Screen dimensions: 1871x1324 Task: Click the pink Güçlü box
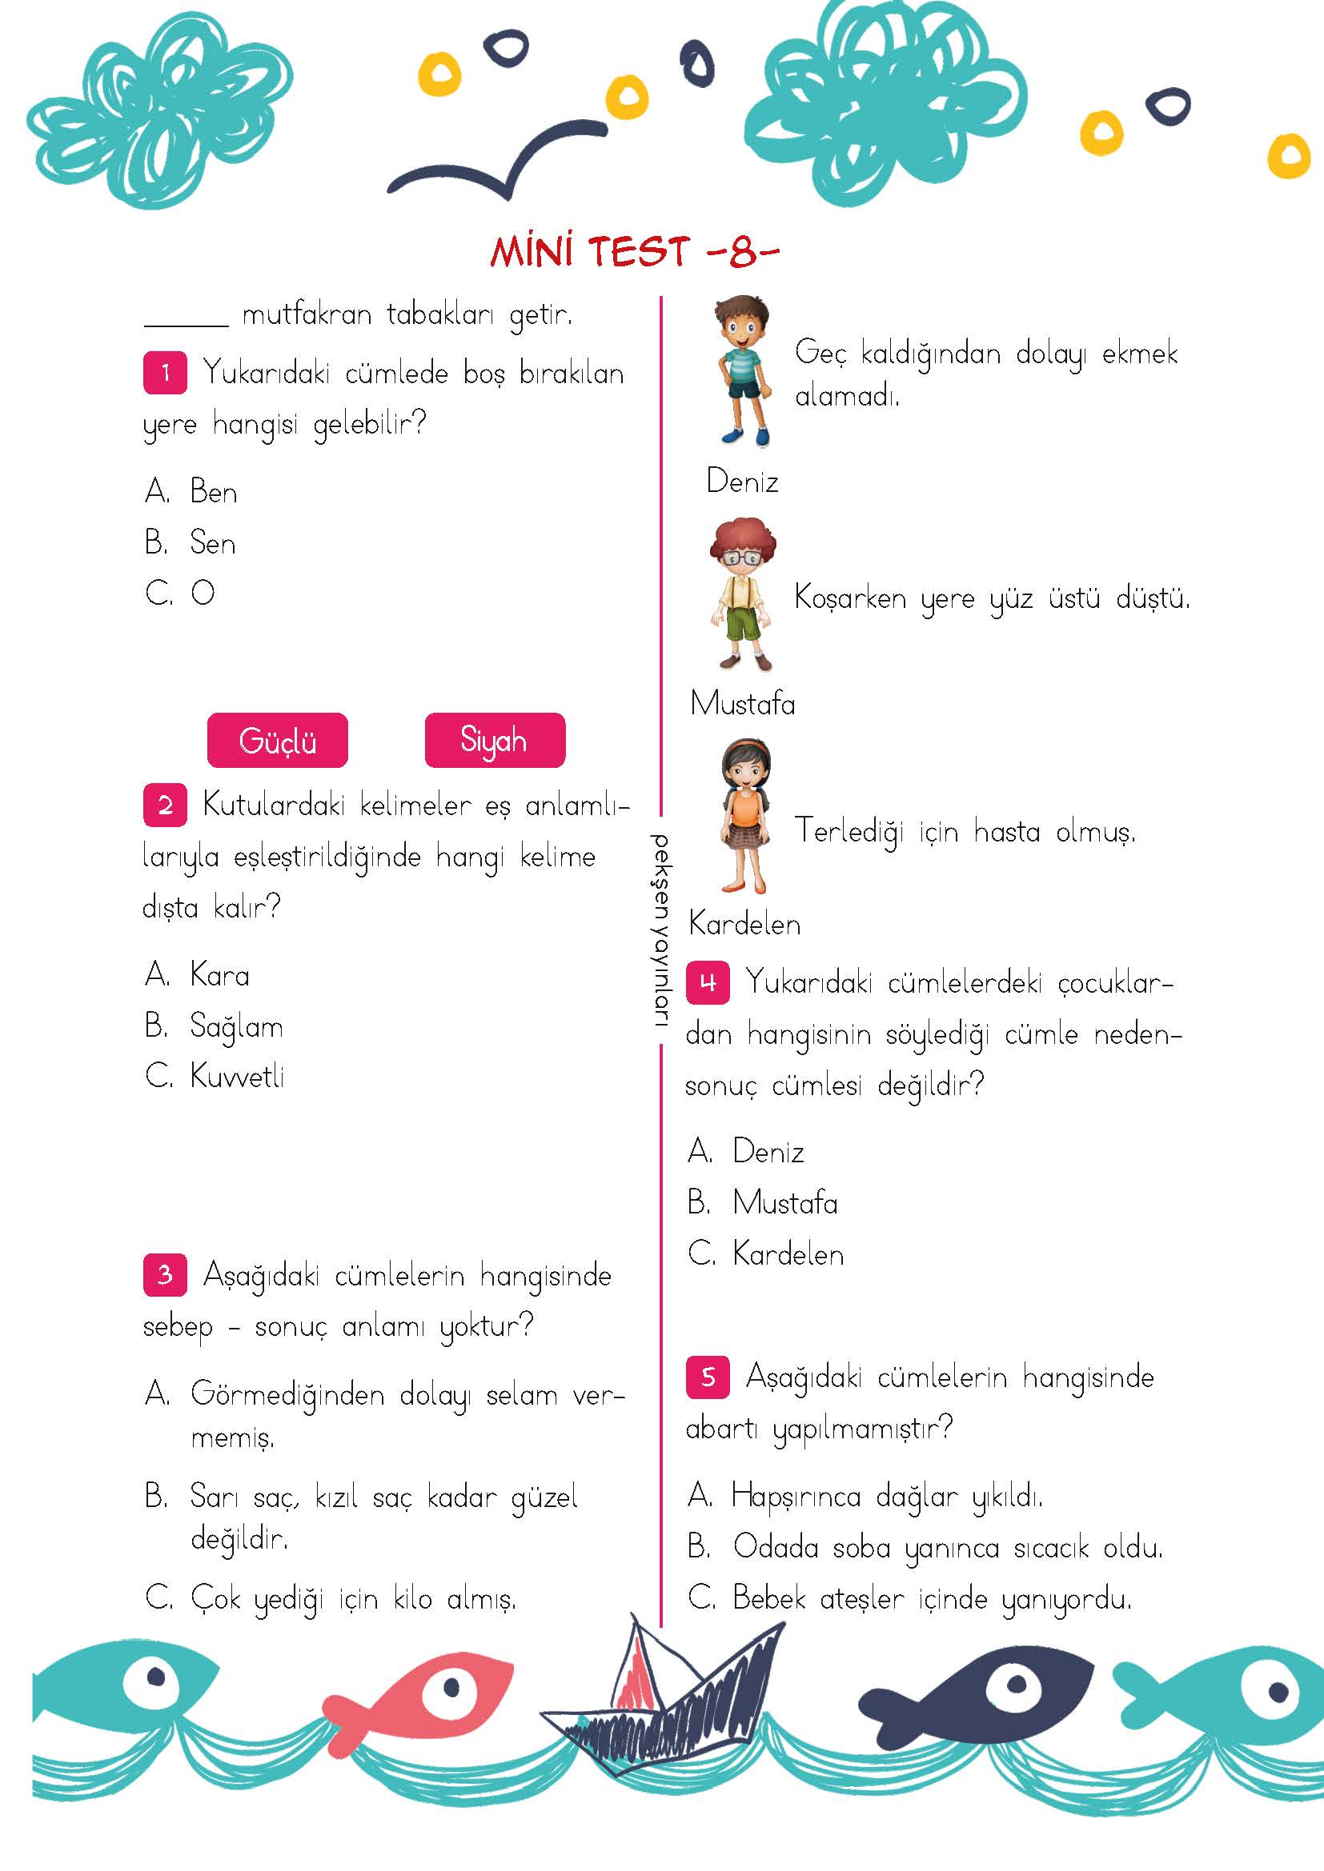(277, 740)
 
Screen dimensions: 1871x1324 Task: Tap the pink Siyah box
(494, 740)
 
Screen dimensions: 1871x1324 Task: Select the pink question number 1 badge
(165, 374)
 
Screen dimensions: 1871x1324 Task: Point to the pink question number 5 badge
(708, 1377)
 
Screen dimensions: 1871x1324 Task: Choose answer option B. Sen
(191, 542)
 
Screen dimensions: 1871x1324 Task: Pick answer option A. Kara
(198, 974)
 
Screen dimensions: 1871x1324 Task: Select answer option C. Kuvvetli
(215, 1076)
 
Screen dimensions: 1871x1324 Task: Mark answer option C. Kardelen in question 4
(765, 1253)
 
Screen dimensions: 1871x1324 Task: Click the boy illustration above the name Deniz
(742, 371)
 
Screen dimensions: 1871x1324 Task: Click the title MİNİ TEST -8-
(634, 252)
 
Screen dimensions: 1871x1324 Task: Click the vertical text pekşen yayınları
(660, 938)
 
